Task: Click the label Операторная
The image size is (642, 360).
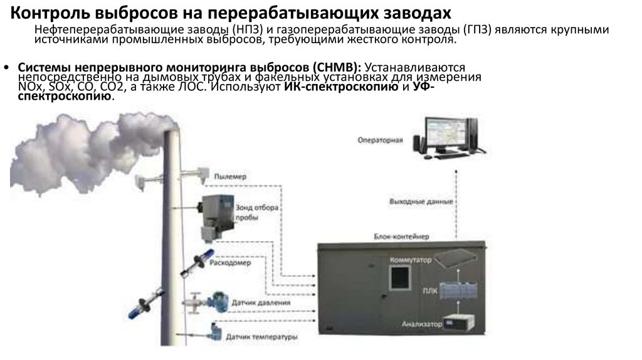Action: click(380, 139)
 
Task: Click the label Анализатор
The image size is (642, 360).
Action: click(421, 324)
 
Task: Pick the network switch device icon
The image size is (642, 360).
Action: click(463, 257)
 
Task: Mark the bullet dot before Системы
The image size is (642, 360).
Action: click(6, 67)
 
